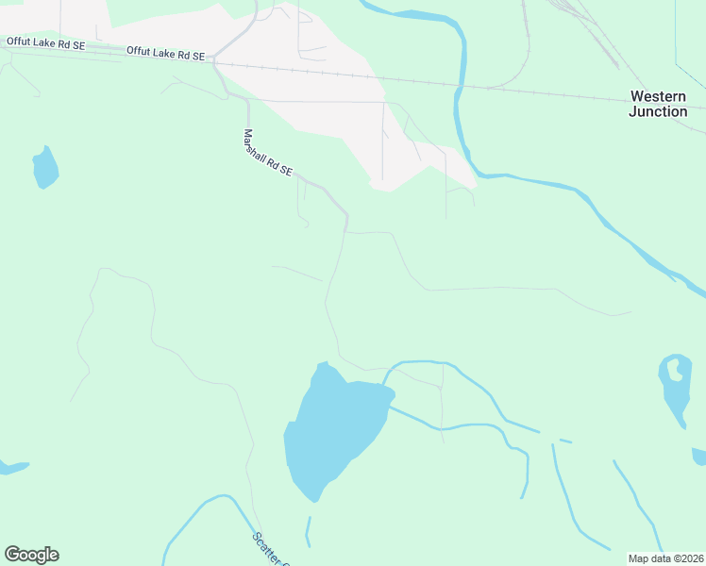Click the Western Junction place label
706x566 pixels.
point(658,104)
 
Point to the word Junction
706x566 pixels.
point(658,111)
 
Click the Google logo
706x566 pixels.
point(31,555)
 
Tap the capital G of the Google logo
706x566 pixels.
point(11,554)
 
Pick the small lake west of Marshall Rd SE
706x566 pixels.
point(44,168)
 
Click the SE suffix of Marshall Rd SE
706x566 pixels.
point(285,171)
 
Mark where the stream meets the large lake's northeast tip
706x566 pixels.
point(387,389)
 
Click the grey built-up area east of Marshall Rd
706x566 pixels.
point(311,85)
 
